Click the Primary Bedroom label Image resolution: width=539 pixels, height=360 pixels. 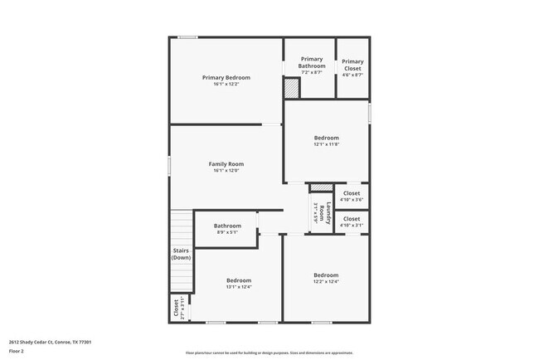[226, 78]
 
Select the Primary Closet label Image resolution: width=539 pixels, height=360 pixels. [352, 62]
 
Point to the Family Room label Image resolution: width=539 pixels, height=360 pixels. [226, 164]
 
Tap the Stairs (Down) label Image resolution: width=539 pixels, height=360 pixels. [181, 254]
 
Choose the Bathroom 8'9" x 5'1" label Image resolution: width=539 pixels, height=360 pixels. [227, 226]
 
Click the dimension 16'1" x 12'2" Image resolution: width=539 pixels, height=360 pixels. [226, 85]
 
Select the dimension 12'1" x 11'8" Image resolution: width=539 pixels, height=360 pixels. [326, 144]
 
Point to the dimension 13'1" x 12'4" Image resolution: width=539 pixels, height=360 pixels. [239, 287]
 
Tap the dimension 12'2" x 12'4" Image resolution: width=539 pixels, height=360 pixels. [326, 281]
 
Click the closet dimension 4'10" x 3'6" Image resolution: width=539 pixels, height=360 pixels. [352, 200]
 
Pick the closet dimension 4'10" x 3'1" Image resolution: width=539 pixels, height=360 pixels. [352, 226]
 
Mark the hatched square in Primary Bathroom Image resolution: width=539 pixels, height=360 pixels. [291, 88]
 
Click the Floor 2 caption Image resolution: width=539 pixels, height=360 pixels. [17, 352]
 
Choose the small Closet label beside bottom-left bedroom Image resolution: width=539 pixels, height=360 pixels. [177, 309]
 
